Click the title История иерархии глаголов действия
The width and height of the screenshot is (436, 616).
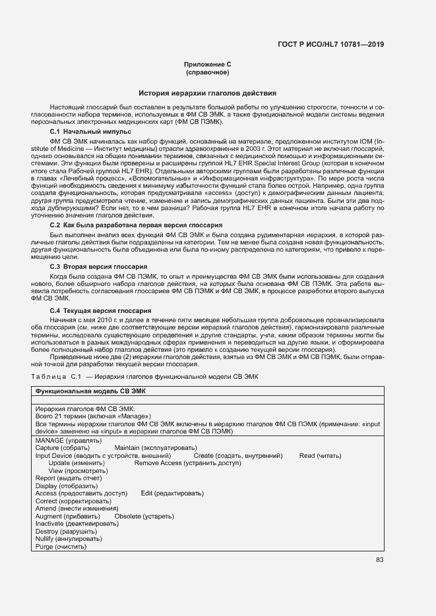(x=207, y=93)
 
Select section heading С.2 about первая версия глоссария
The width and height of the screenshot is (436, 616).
(x=131, y=225)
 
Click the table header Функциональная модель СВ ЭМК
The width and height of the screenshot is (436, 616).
(x=90, y=391)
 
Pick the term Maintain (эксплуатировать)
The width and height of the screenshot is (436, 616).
(x=155, y=447)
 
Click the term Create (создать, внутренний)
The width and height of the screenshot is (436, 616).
(x=238, y=455)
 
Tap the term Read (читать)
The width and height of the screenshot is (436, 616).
(x=320, y=455)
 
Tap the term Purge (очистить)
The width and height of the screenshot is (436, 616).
(x=60, y=547)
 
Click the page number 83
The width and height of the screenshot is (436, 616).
(x=379, y=560)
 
